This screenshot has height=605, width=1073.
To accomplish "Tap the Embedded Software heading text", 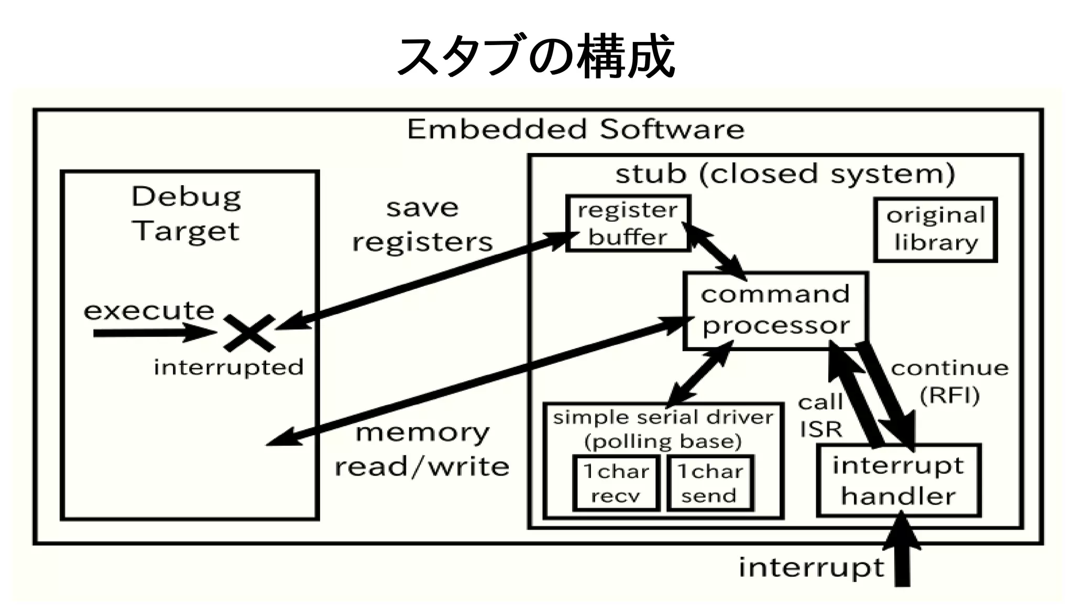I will (575, 129).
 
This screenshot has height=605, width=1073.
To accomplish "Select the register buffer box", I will (628, 224).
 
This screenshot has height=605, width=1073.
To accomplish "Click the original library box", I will (935, 230).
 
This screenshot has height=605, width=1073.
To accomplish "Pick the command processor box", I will (775, 310).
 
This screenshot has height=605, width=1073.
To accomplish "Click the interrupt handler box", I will (899, 481).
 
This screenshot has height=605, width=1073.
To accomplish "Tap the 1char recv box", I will (616, 483).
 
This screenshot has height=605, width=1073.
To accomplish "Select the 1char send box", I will (709, 483).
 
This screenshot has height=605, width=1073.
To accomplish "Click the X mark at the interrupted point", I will (249, 333).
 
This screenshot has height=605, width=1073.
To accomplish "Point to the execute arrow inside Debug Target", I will (152, 333).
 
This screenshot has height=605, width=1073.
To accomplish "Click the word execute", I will (149, 311).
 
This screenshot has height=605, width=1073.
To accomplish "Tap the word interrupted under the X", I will (228, 367).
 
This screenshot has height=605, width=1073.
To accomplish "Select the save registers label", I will (422, 225).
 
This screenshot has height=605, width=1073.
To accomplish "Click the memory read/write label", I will (422, 450).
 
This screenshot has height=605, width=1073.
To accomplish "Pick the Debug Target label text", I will (186, 213).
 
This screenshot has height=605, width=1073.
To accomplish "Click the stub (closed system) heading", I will (785, 174).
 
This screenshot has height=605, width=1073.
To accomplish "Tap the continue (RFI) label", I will (949, 381).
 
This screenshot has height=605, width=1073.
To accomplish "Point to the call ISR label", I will (820, 416).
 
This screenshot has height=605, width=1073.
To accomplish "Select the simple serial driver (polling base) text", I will (663, 429).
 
